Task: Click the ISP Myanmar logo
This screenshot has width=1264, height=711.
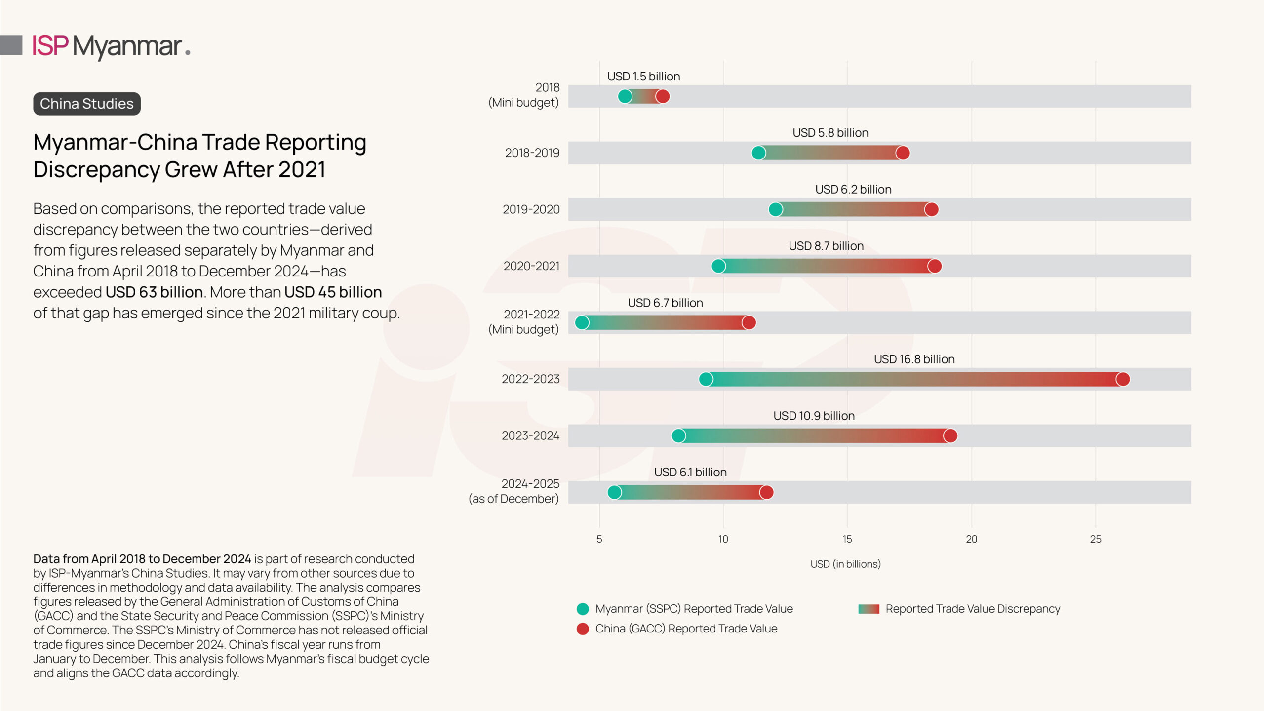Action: click(x=111, y=46)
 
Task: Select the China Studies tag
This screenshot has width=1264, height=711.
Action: click(x=87, y=104)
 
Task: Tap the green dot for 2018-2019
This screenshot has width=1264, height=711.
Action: click(x=758, y=153)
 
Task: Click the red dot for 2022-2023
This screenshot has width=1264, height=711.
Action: click(x=1123, y=379)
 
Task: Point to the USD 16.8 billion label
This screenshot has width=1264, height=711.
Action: click(x=914, y=359)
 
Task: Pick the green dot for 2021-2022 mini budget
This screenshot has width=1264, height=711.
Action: click(x=582, y=323)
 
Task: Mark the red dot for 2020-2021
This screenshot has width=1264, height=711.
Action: click(x=934, y=266)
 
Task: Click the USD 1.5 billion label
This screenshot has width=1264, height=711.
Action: click(x=643, y=77)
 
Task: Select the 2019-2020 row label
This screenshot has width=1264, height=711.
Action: click(x=531, y=209)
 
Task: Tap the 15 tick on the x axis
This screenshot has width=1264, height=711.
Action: click(x=847, y=539)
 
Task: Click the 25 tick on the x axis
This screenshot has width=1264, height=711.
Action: click(x=1095, y=539)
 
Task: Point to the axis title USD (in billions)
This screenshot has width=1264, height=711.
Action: click(x=845, y=564)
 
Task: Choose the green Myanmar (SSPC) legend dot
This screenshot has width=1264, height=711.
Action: click(x=583, y=609)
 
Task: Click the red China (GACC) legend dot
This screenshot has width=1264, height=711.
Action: click(x=583, y=629)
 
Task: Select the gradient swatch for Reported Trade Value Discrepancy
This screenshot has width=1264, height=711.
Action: click(x=869, y=609)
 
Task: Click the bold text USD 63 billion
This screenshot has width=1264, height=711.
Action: click(x=154, y=292)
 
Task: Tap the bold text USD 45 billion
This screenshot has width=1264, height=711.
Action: click(x=333, y=292)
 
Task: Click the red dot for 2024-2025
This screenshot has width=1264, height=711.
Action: click(x=766, y=492)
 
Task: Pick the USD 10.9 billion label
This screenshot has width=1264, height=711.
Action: click(x=814, y=416)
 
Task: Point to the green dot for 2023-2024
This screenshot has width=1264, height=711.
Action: click(x=678, y=436)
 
